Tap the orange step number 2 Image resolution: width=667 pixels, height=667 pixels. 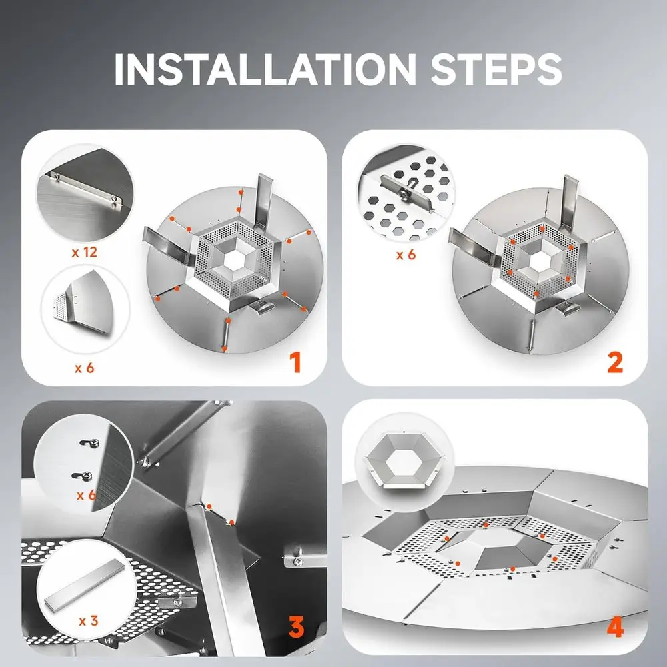coord(614,362)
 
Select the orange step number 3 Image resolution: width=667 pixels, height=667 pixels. coord(295,628)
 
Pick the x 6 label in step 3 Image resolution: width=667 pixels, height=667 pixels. coord(87,495)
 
